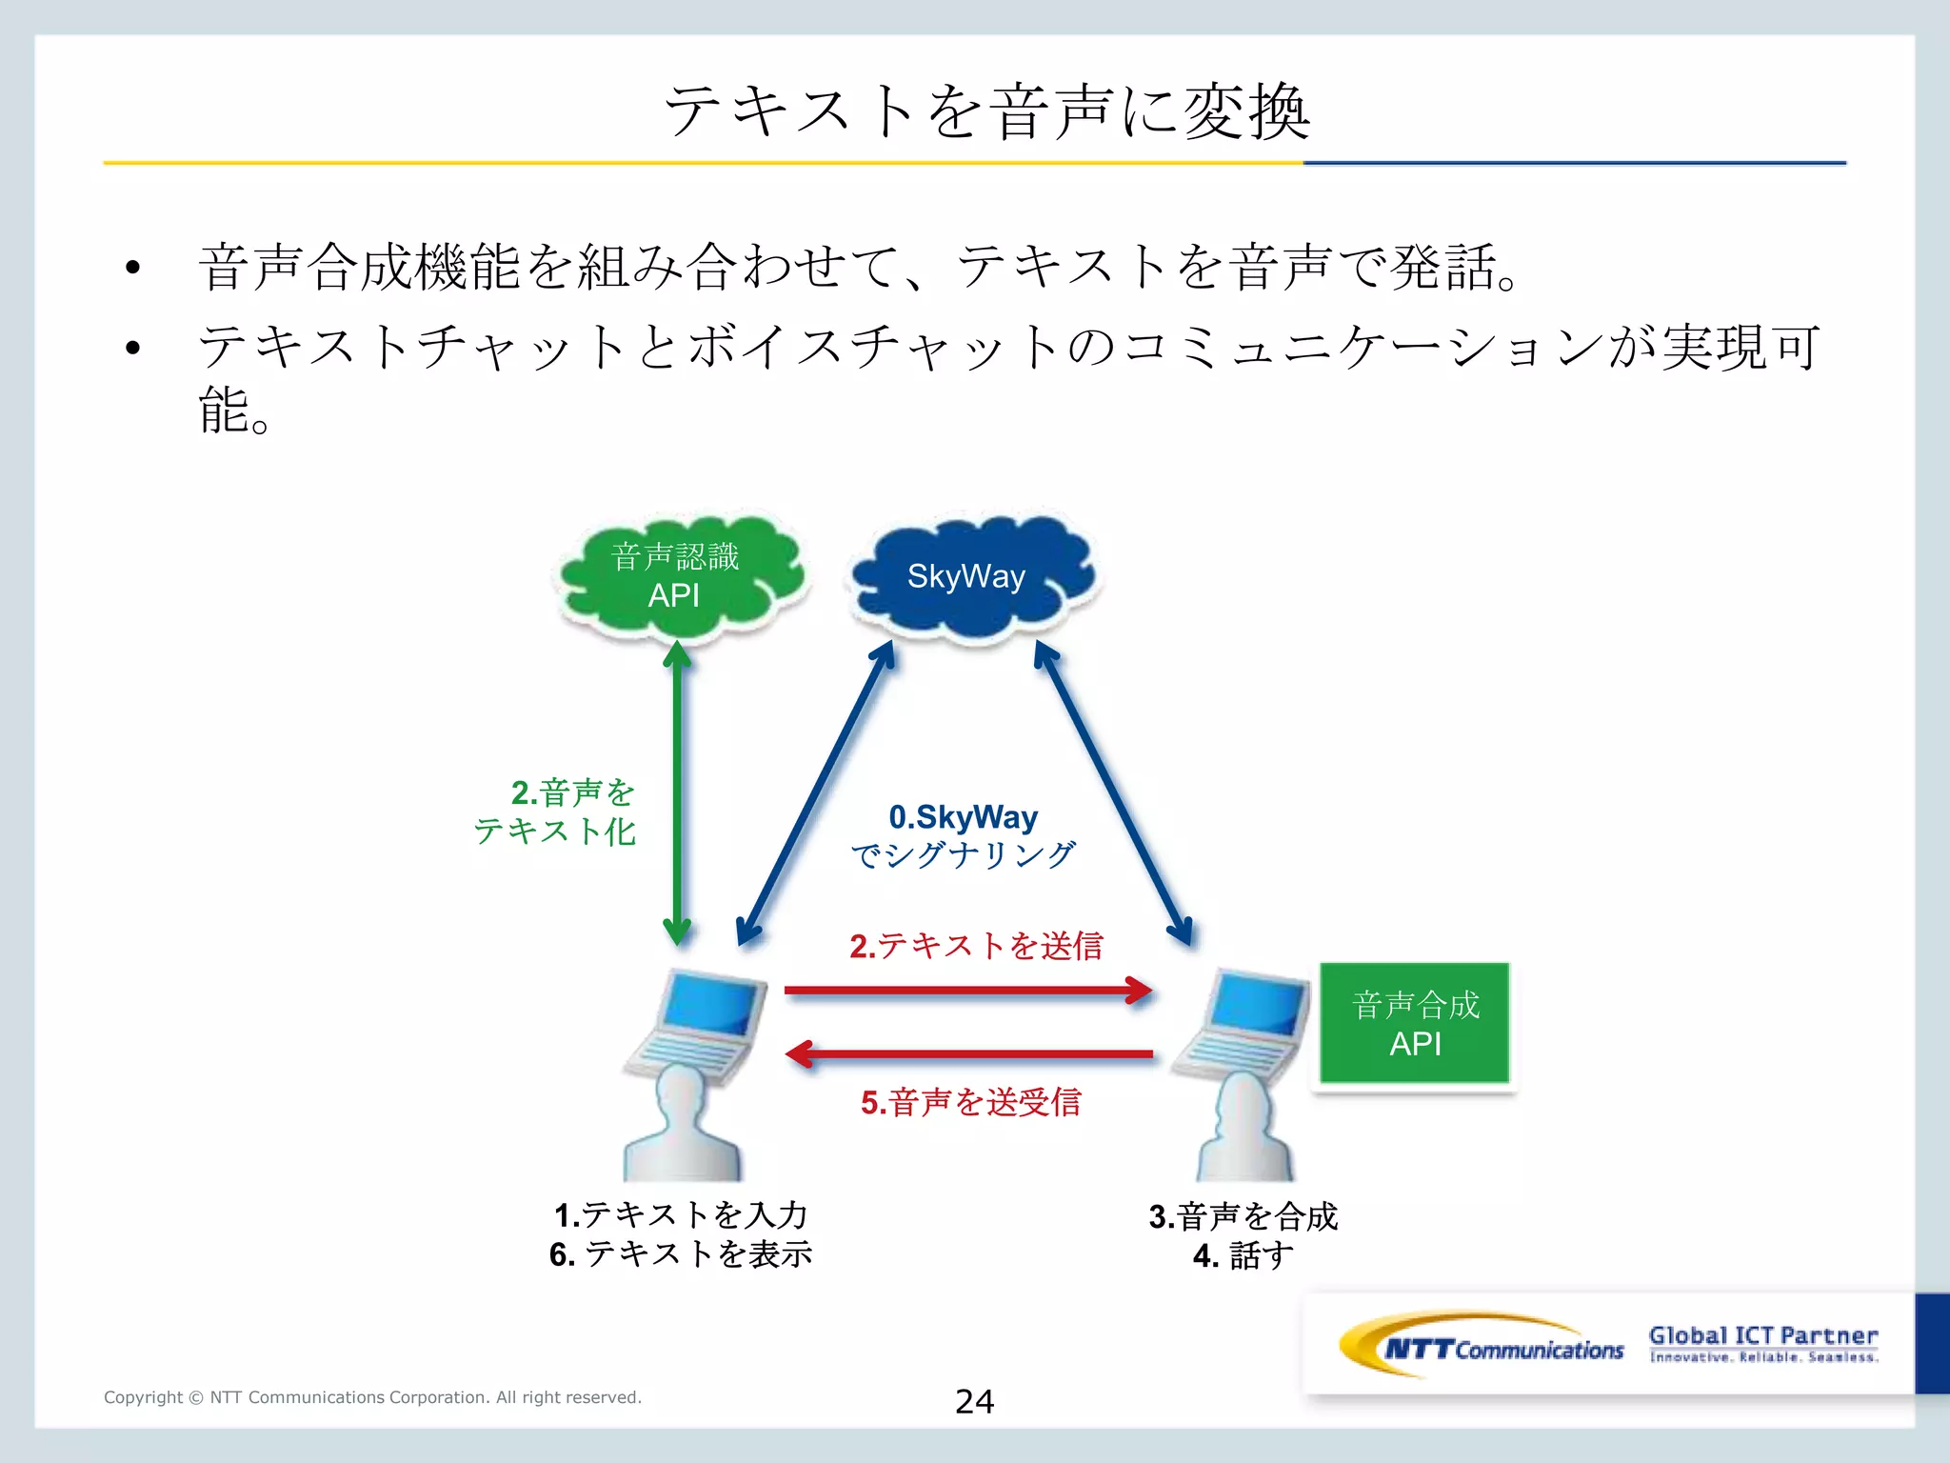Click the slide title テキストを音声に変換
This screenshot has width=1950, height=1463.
986,111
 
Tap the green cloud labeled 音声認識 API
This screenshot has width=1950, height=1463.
678,577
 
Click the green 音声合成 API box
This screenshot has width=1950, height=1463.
1415,1024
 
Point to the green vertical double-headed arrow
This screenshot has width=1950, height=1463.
677,791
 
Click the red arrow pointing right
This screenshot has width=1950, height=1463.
967,991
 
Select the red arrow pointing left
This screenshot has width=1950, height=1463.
967,1054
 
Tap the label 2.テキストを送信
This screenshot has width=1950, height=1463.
976,946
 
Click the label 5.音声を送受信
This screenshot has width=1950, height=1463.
971,1102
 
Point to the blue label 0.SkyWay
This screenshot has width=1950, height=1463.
963,817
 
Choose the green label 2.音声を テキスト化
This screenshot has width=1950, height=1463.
556,812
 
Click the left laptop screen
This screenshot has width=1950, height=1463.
710,1005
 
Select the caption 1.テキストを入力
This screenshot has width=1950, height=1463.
681,1214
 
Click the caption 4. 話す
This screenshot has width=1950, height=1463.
1244,1255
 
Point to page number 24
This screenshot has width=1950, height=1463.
974,1401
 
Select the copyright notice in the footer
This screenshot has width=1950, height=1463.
372,1397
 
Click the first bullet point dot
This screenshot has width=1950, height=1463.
132,268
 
